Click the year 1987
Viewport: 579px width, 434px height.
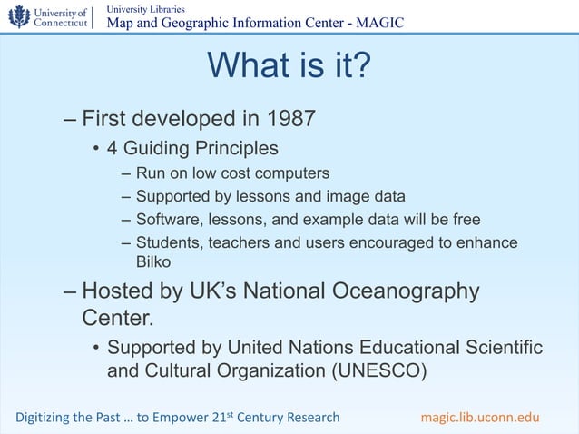point(291,119)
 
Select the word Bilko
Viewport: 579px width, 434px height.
point(152,262)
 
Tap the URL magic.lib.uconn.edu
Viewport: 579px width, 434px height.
point(480,417)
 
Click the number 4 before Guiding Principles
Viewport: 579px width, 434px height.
point(113,147)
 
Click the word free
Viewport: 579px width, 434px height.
point(466,219)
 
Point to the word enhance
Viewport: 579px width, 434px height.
point(486,242)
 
